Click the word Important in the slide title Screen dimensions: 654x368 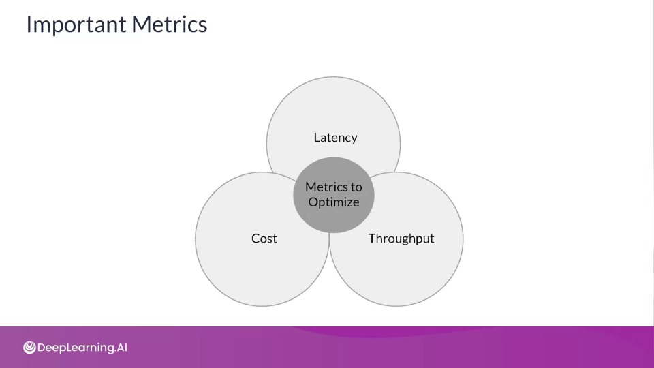76,25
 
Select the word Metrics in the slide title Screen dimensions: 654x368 170,25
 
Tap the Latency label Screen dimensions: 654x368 335,138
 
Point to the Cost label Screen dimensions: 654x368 264,239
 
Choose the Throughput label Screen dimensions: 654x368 401,239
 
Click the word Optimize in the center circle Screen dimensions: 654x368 334,202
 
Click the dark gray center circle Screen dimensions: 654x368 333,196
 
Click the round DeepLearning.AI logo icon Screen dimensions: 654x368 29,347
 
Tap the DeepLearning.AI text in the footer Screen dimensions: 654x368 82,348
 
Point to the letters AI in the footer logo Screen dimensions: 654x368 121,347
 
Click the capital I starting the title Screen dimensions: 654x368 29,25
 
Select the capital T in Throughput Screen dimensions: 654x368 373,238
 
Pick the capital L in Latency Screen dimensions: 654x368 317,137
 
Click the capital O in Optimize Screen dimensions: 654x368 313,202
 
